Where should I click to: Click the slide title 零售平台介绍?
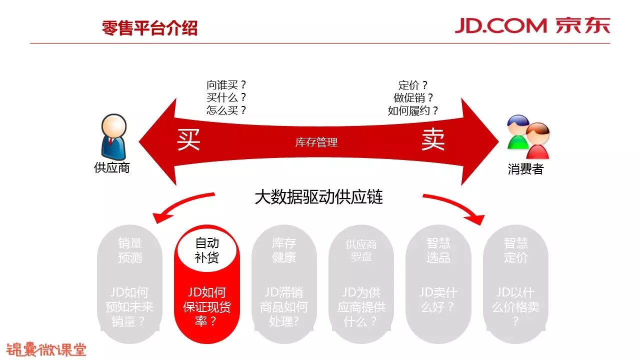pyautogui.click(x=149, y=27)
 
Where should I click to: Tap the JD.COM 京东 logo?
pyautogui.click(x=532, y=25)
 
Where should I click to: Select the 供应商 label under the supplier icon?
pyautogui.click(x=112, y=168)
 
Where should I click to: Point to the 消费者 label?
pyautogui.click(x=525, y=169)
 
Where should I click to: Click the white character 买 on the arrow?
pyautogui.click(x=188, y=140)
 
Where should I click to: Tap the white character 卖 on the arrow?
pyautogui.click(x=432, y=140)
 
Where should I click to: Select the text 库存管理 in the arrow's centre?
pyautogui.click(x=316, y=143)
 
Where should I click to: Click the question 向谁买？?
pyautogui.click(x=226, y=85)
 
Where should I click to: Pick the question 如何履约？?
pyautogui.click(x=413, y=110)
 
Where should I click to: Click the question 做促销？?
pyautogui.click(x=413, y=98)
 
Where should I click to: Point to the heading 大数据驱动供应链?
pyautogui.click(x=318, y=197)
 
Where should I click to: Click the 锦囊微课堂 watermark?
pyautogui.click(x=46, y=348)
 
